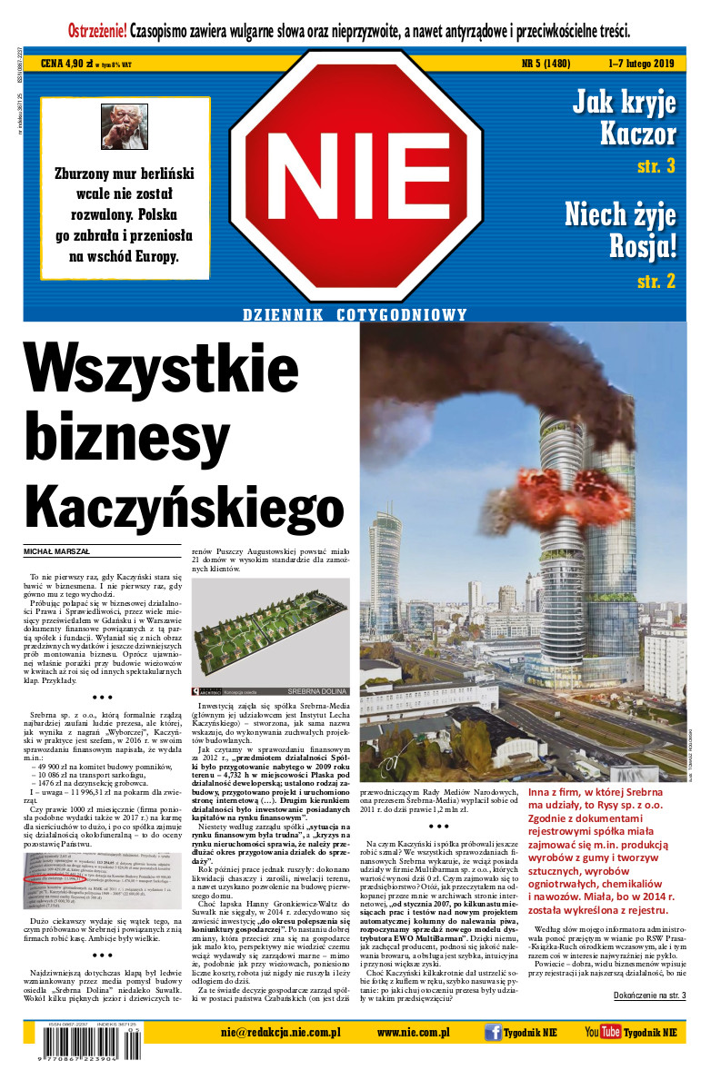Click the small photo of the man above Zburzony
click(x=124, y=127)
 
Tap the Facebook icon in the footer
click(x=493, y=1032)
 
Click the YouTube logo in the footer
click(x=602, y=1032)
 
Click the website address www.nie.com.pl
click(x=414, y=1032)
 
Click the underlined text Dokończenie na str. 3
click(x=649, y=996)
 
